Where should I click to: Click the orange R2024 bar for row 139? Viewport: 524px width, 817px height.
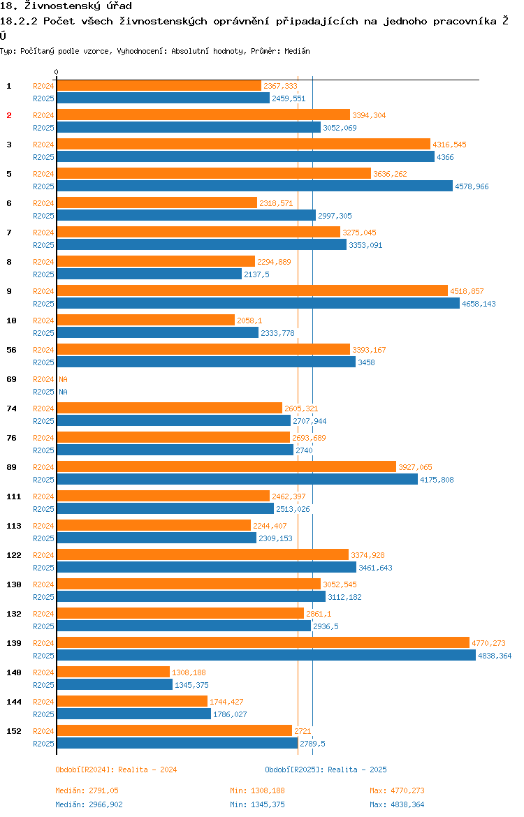(x=263, y=642)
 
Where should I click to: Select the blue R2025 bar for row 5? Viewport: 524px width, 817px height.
(x=254, y=186)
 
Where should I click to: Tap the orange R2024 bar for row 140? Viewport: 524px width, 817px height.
(x=113, y=672)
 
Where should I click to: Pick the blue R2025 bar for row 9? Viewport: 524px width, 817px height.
(x=258, y=303)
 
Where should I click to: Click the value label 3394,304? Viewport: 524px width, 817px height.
(x=369, y=115)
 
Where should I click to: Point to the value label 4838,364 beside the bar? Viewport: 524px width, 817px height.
(x=495, y=656)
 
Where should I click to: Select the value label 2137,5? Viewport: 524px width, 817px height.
(x=257, y=274)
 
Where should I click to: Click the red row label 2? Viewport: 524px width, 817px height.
(x=9, y=115)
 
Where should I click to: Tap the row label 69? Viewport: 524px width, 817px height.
(x=11, y=379)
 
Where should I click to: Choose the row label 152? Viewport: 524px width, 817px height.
(x=14, y=731)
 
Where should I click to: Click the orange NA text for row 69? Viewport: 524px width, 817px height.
(x=63, y=379)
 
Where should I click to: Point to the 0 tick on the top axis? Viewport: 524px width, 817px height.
(x=57, y=72)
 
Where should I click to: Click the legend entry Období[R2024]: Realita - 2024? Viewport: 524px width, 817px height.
(x=116, y=770)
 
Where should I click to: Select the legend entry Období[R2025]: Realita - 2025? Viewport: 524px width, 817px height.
(x=326, y=770)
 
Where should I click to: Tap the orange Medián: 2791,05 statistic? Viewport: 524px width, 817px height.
(x=87, y=790)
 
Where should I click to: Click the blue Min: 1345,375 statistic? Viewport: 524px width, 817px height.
(x=257, y=804)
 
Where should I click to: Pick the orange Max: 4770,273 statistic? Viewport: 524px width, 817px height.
(x=397, y=790)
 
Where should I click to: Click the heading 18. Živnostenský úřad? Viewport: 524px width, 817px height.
(x=66, y=6)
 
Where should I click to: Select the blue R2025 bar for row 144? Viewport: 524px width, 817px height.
(x=133, y=714)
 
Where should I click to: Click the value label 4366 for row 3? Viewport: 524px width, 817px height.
(x=445, y=157)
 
